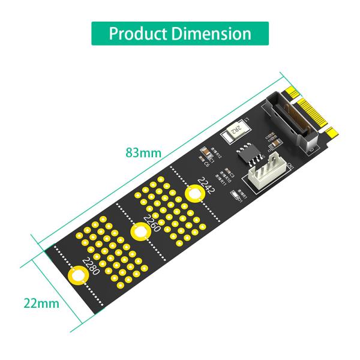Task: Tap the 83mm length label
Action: pyautogui.click(x=143, y=152)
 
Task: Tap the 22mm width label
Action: pyautogui.click(x=41, y=303)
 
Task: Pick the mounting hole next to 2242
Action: pyautogui.click(x=194, y=194)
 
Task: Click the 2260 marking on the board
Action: pyautogui.click(x=152, y=222)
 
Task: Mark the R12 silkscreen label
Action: pyautogui.click(x=217, y=155)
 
